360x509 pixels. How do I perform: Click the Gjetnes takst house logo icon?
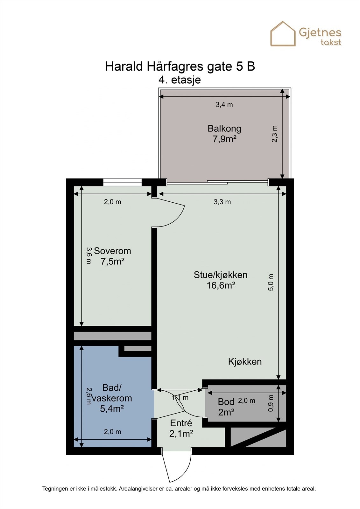coord(283,34)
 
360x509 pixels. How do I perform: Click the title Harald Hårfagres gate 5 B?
coord(180,66)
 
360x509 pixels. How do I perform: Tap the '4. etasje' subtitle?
coord(180,80)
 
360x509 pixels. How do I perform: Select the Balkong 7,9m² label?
coord(224,134)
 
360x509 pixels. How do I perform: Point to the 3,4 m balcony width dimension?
coord(224,104)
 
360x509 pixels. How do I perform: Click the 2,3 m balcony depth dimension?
coord(275,134)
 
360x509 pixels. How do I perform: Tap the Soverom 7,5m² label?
coord(112,256)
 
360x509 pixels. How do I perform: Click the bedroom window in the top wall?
coord(122,182)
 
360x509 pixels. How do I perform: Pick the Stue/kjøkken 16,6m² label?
coord(221,280)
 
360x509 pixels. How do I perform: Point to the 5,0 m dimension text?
coord(271,282)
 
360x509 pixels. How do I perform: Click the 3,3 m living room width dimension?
coord(222,202)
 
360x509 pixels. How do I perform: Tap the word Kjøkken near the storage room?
coord(245,361)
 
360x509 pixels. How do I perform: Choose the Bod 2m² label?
coord(226,407)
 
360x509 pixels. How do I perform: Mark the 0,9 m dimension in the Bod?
coord(271,403)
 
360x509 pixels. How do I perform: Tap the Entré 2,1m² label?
coord(181,428)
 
